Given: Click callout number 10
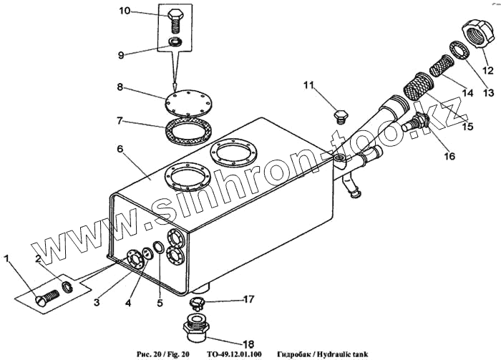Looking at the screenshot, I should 125,11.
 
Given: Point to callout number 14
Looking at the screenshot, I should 467,92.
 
